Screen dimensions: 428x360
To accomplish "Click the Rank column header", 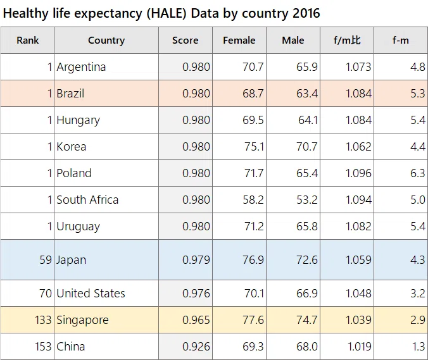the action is (28, 40).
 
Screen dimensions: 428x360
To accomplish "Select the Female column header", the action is (239, 40).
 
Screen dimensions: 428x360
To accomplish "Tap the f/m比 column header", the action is (347, 40).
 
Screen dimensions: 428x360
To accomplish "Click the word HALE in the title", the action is (167, 13).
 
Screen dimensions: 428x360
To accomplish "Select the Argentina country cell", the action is (81, 67).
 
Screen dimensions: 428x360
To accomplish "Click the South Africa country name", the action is (87, 200).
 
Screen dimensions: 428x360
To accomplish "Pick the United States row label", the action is (91, 294).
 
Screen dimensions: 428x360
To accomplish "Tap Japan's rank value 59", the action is (46, 259).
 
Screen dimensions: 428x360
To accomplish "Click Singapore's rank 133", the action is (43, 320).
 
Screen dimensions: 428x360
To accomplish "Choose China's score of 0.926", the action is (196, 347).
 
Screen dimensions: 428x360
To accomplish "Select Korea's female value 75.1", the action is (254, 147).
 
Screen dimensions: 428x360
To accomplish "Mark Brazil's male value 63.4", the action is (307, 94).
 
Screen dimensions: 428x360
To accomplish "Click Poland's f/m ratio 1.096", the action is (358, 173).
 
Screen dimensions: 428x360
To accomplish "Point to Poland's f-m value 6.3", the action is (418, 173).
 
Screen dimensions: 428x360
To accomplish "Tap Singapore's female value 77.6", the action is (253, 320).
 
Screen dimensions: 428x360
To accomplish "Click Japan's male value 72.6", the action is (307, 259).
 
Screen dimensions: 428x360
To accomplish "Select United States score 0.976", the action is (196, 294).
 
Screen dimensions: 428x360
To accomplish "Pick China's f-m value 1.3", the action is (419, 347).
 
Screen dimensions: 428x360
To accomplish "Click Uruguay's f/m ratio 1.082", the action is (358, 227).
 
